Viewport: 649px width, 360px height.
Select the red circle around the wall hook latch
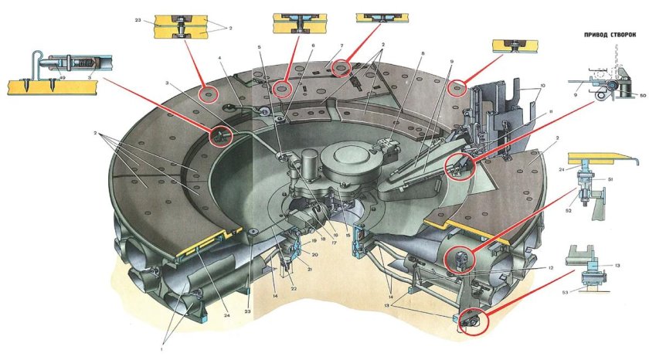222,136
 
